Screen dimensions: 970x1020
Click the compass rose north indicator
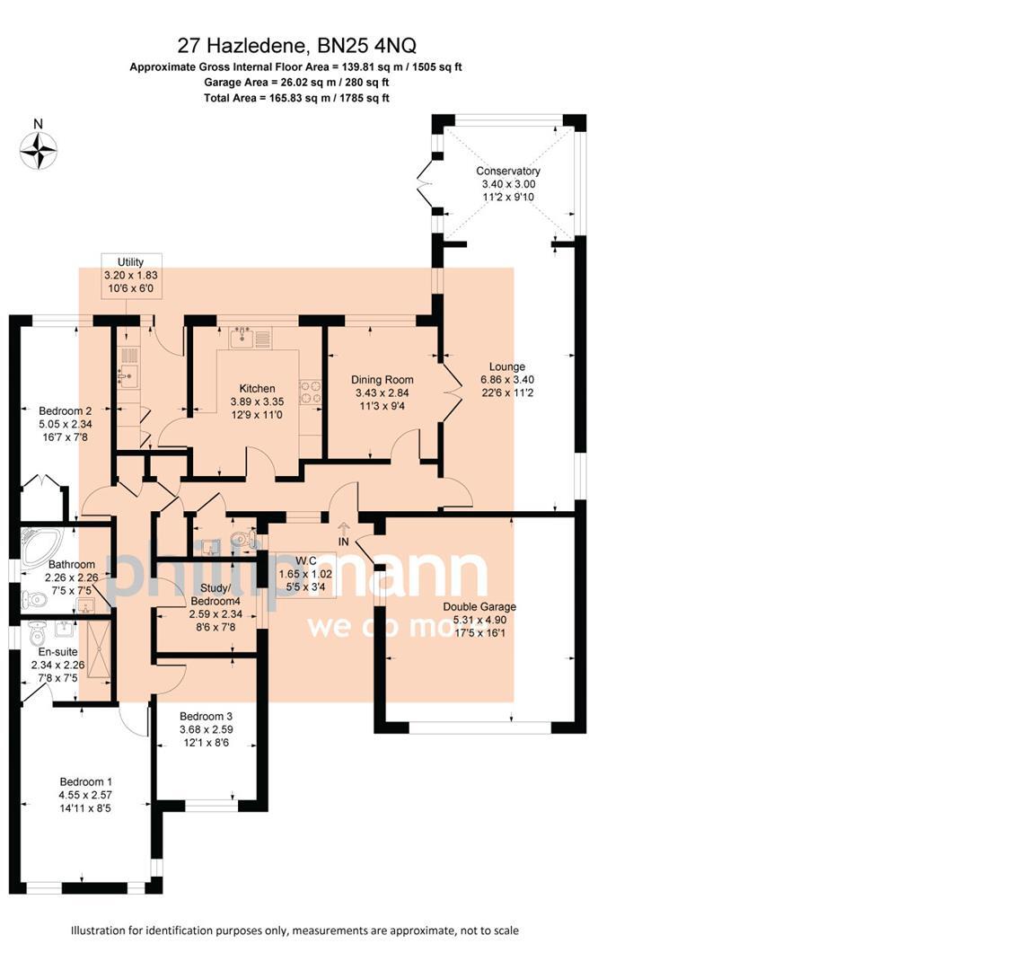(x=39, y=148)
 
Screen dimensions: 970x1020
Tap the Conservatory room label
(x=508, y=171)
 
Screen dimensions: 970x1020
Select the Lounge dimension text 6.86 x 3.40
(x=507, y=380)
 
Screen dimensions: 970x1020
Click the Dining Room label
(x=382, y=380)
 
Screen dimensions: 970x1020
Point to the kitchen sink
(x=242, y=339)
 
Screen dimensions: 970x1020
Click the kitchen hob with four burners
(x=311, y=392)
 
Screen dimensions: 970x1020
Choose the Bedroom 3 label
(x=206, y=716)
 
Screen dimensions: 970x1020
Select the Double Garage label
(x=479, y=607)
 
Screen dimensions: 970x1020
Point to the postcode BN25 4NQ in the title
(x=367, y=46)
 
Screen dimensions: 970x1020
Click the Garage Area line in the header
(x=295, y=83)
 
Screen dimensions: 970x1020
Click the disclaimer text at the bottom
(x=295, y=930)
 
